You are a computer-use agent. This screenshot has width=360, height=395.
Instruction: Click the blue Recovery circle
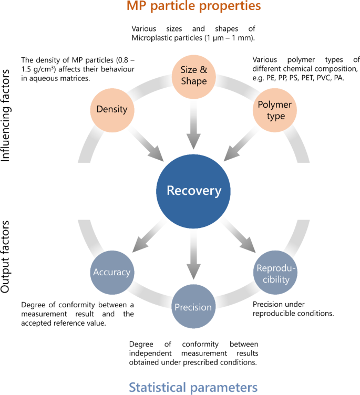click(x=194, y=190)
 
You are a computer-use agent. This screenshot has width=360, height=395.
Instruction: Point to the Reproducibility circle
click(x=276, y=273)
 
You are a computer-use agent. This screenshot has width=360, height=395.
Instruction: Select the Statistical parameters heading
click(x=193, y=387)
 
